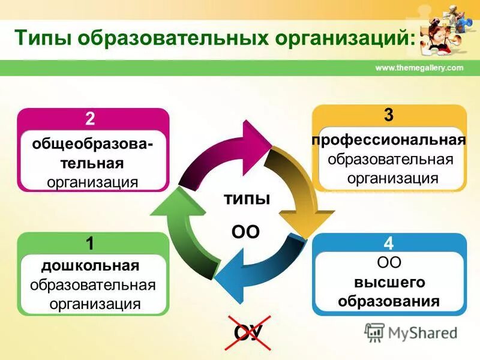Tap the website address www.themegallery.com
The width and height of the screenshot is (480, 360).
click(x=419, y=68)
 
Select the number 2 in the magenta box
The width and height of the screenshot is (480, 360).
click(x=90, y=118)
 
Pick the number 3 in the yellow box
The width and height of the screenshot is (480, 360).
click(x=389, y=115)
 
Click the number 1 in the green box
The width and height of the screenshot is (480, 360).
click(x=90, y=244)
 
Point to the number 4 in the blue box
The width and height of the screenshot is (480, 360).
click(x=389, y=244)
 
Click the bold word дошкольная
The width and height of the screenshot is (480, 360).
click(x=90, y=265)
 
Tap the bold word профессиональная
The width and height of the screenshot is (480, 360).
click(x=389, y=140)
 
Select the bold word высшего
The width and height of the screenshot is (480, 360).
click(x=389, y=282)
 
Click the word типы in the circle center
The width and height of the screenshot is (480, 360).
click(x=246, y=199)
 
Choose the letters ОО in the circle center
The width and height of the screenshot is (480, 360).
click(x=245, y=232)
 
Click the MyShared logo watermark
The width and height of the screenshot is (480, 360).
click(x=411, y=332)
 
